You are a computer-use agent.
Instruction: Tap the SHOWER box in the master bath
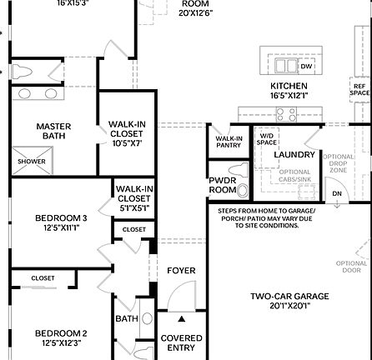point(33,162)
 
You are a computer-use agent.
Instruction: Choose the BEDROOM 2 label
point(61,337)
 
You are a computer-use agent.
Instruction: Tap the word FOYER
point(181,271)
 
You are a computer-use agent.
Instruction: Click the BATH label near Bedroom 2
point(126,318)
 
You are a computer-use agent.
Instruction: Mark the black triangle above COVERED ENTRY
point(182,317)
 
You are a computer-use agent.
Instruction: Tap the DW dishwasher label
point(306,66)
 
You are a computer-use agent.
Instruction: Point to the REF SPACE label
point(359,89)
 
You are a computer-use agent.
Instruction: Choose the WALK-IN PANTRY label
point(229,142)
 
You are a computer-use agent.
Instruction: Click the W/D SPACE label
point(267,138)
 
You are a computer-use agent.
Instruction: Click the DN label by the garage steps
point(337,193)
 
